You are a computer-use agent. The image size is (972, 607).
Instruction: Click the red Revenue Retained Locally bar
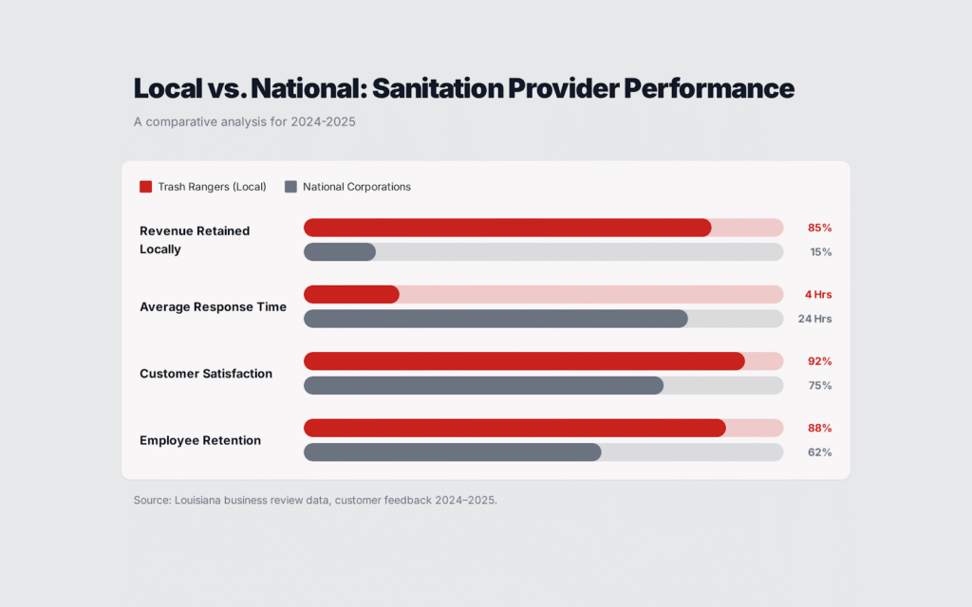click(507, 228)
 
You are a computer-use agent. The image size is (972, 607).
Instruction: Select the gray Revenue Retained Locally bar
click(340, 251)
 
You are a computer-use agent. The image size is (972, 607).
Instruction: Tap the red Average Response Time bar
click(351, 294)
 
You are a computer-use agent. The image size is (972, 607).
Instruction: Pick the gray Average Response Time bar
click(495, 319)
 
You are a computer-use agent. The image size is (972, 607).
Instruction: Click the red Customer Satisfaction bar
click(524, 361)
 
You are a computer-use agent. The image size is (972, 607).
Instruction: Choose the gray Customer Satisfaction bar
click(483, 385)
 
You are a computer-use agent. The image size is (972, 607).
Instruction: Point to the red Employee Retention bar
click(514, 428)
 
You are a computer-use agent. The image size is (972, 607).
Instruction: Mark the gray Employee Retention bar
click(452, 452)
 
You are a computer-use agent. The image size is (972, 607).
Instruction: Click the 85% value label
click(819, 228)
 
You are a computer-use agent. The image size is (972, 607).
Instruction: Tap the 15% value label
click(820, 252)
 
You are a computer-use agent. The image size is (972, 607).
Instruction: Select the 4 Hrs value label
click(817, 294)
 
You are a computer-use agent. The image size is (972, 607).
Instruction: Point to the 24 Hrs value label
click(814, 319)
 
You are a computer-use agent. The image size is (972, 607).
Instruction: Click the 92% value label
click(819, 361)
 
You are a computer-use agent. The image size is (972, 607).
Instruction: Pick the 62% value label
click(819, 452)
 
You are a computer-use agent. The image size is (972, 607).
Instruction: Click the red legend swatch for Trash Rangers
click(145, 187)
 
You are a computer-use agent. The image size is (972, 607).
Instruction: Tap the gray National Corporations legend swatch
click(290, 187)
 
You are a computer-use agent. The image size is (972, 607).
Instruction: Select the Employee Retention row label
click(200, 440)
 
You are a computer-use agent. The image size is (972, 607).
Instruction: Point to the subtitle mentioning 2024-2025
click(244, 121)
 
